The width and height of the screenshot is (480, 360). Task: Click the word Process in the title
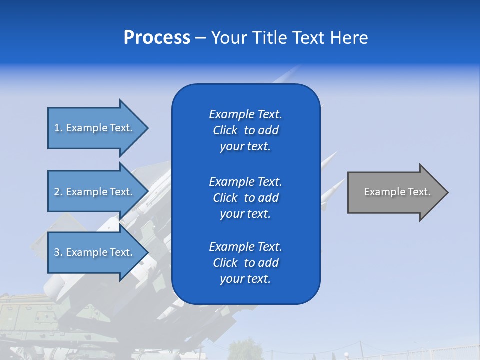(157, 38)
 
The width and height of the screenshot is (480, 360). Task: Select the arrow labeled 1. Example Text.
(95, 128)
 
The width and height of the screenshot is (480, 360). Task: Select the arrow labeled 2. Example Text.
(95, 192)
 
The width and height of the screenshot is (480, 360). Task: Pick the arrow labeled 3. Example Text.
(95, 252)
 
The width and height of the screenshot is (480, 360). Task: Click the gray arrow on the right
(395, 192)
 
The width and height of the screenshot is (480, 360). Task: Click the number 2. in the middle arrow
(58, 192)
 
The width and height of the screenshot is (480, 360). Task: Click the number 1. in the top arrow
(58, 128)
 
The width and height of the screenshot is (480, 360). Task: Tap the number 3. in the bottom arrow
(58, 252)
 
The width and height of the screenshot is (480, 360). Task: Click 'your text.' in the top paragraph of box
(245, 147)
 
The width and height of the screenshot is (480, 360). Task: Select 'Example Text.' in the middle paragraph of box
(245, 181)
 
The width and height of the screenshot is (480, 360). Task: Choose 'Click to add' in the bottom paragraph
(245, 263)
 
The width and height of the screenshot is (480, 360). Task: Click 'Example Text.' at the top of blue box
(245, 114)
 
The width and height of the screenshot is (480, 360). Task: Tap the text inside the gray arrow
(397, 192)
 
